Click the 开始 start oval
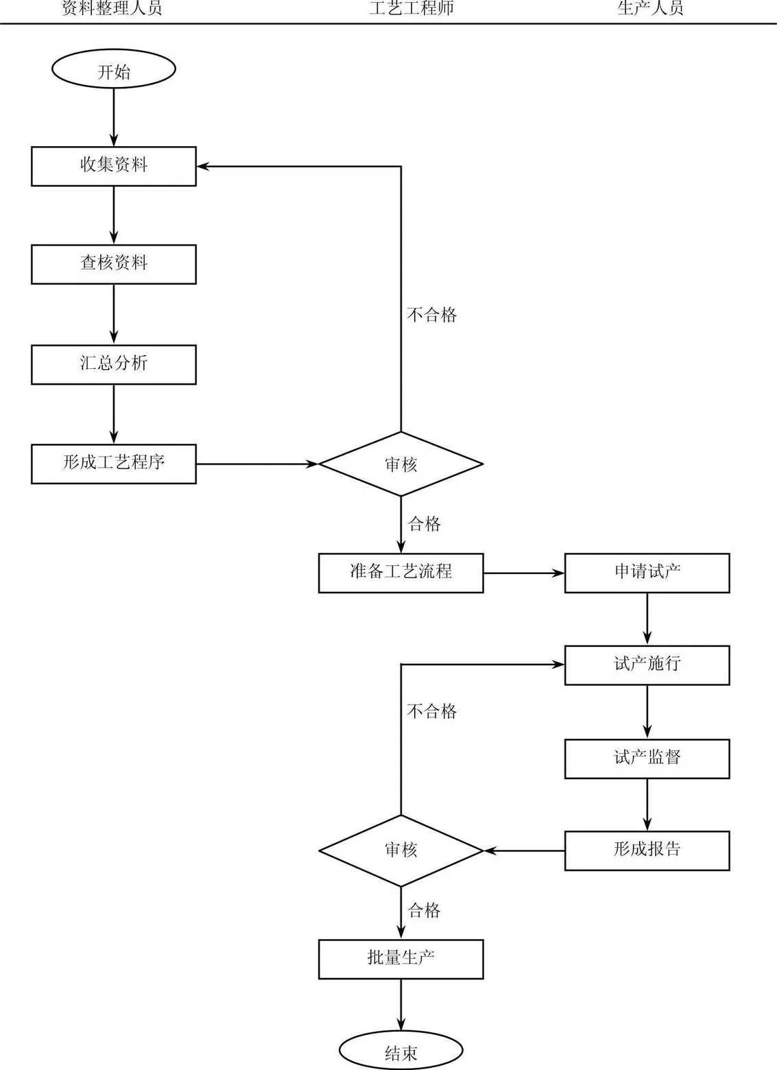point(114,69)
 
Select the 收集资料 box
point(114,166)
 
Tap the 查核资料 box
point(114,264)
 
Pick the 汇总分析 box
point(114,364)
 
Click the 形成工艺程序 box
point(114,464)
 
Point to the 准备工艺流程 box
point(401,573)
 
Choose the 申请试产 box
point(647,573)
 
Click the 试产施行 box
point(647,665)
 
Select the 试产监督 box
point(647,759)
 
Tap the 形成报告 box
point(647,851)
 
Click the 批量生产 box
point(401,959)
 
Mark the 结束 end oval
point(401,1051)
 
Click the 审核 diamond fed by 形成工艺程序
point(401,464)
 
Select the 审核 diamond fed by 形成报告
point(401,851)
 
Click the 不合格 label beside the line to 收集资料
point(431,315)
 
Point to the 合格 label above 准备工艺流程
point(424,525)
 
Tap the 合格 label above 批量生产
point(424,911)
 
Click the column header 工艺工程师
point(411,9)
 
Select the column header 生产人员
point(650,9)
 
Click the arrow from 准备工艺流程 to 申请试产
point(523,573)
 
